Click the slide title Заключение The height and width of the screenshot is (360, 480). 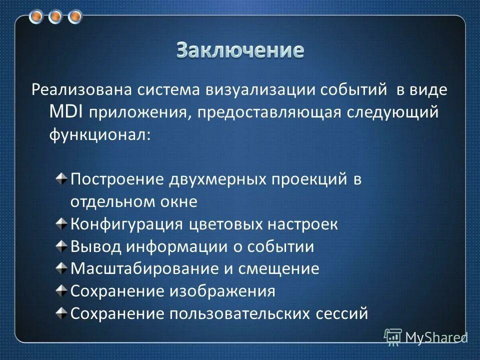point(240,50)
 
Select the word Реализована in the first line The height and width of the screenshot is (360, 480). point(80,91)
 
